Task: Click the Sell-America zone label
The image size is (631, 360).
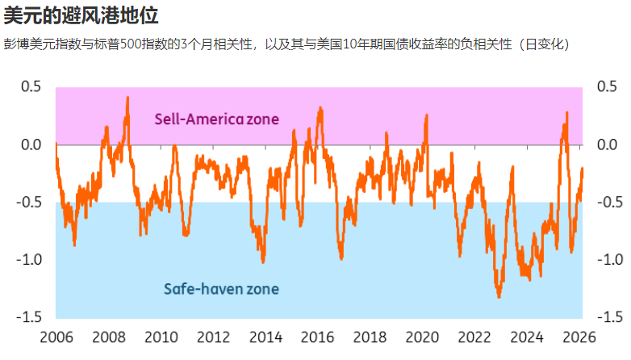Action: point(216,119)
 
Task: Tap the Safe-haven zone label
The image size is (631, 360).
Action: point(221,288)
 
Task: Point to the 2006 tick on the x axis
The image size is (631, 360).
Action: point(56,337)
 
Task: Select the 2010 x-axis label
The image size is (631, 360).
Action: point(161,337)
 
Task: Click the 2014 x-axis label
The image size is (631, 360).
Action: point(265,337)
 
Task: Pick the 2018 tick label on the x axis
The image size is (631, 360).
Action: point(370,337)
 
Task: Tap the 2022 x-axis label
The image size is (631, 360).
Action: point(474,337)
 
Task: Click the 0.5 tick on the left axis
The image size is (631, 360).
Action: point(31,87)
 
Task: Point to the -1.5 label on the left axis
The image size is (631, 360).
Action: point(28,316)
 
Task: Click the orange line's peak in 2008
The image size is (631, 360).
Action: point(127,98)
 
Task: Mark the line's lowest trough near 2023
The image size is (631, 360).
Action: point(499,297)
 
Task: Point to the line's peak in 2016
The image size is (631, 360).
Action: point(320,107)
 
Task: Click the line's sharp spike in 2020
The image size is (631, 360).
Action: point(426,115)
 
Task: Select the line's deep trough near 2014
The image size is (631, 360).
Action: point(263,262)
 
